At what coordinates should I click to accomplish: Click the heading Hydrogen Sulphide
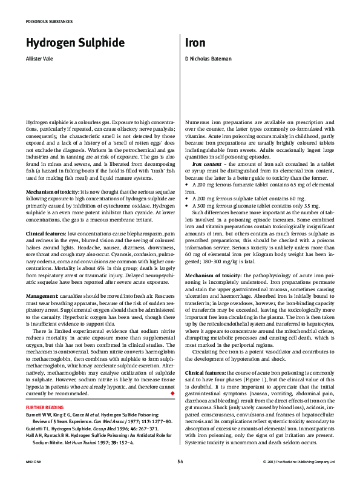(x=75, y=43)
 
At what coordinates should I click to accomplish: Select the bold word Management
(x=42, y=295)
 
